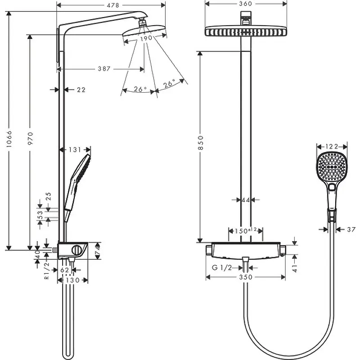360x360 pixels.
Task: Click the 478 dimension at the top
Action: pyautogui.click(x=113, y=5)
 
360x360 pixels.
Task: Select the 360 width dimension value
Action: pyautogui.click(x=245, y=4)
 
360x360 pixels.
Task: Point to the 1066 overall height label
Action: pyautogui.click(x=9, y=139)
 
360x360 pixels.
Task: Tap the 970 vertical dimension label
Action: pyautogui.click(x=30, y=138)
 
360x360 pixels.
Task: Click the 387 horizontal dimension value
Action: pyautogui.click(x=104, y=69)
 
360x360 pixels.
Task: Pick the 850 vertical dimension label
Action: pyautogui.click(x=200, y=143)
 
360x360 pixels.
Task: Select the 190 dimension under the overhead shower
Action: pyautogui.click(x=146, y=38)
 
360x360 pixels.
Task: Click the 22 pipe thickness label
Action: pyautogui.click(x=81, y=90)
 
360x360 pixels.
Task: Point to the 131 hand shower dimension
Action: pyautogui.click(x=75, y=150)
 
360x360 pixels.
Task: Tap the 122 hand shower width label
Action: pyautogui.click(x=332, y=147)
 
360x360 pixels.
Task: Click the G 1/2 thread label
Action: pyautogui.click(x=222, y=267)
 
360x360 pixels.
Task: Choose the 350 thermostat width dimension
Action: pyautogui.click(x=246, y=277)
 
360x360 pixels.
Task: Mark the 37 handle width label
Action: pyautogui.click(x=351, y=229)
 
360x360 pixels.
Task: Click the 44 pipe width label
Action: pyautogui.click(x=245, y=200)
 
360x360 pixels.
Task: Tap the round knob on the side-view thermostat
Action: pyautogui.click(x=76, y=250)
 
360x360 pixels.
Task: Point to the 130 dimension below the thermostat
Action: pyautogui.click(x=72, y=280)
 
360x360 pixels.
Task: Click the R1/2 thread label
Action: pyautogui.click(x=47, y=271)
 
